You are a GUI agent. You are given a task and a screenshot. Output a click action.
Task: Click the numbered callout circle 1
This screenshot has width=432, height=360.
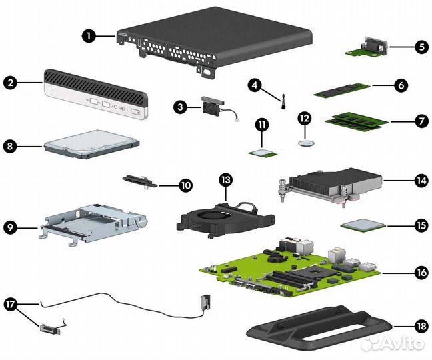[89, 37]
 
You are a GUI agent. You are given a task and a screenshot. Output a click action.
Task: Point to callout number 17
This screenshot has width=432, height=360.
[11, 303]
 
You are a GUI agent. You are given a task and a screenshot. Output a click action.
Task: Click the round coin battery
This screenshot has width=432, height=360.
[306, 143]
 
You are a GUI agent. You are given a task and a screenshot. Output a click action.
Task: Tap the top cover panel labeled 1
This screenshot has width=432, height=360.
[213, 40]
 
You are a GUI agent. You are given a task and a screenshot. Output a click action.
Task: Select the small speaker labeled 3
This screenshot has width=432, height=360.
[212, 107]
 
